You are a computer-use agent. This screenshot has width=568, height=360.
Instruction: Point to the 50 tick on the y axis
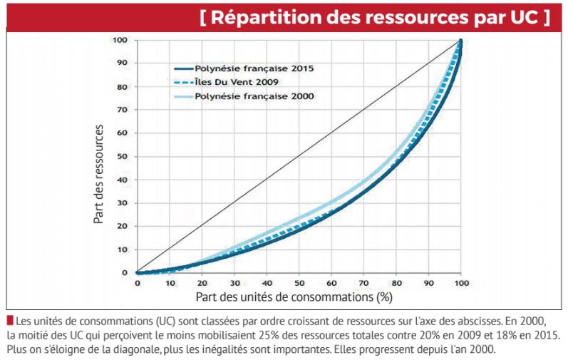123,157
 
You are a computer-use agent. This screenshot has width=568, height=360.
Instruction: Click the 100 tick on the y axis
121,41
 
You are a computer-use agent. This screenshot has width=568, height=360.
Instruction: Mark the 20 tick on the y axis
123,227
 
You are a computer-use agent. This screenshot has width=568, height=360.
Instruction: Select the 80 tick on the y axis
123,87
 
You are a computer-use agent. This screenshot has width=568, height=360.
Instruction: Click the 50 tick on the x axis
299,283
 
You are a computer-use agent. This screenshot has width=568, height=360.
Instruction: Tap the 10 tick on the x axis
170,283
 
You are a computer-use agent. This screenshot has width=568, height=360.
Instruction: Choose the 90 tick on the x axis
428,283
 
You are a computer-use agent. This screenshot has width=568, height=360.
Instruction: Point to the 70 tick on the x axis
363,283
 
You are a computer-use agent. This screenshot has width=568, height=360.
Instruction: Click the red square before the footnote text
9,320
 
